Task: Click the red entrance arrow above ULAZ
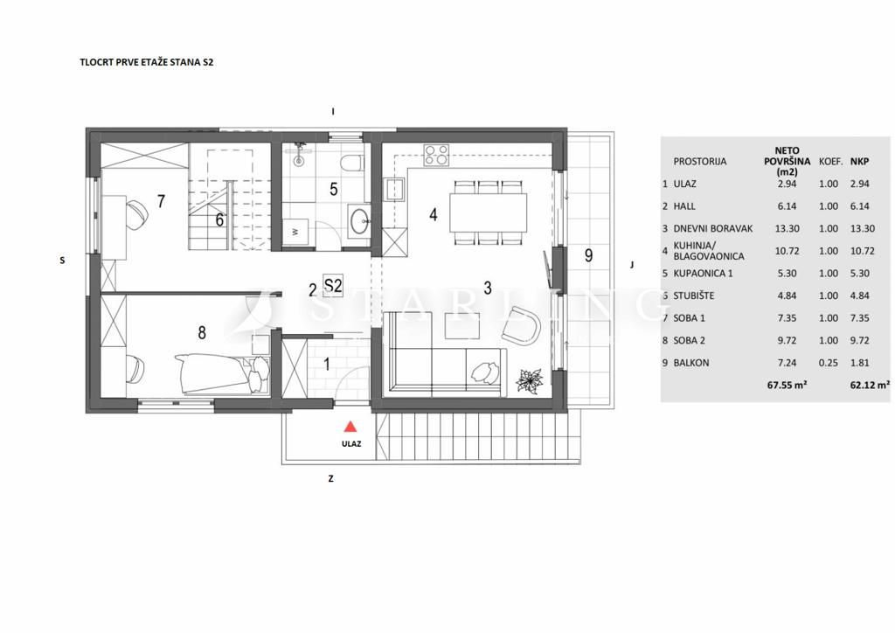coord(350,427)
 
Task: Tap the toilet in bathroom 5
coord(351,163)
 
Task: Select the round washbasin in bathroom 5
coord(359,221)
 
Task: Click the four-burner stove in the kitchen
coord(437,156)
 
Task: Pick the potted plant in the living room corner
coord(529,379)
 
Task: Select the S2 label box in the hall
coord(332,284)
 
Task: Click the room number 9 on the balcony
coord(588,255)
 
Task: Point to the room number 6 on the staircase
coord(219,219)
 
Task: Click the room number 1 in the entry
coord(327,365)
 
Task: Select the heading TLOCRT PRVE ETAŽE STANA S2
coord(147,64)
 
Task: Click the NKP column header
coord(860,162)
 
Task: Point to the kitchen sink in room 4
coord(394,188)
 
